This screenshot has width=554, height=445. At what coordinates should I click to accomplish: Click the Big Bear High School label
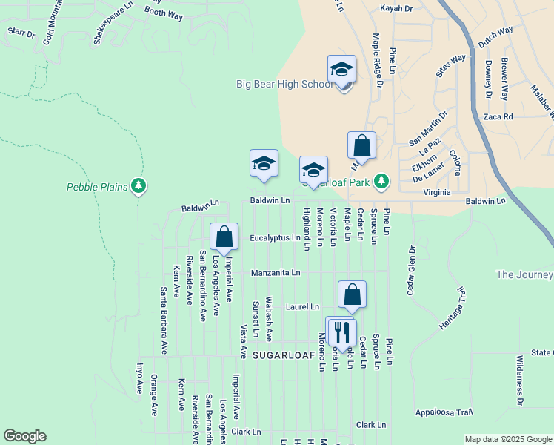coord(284,84)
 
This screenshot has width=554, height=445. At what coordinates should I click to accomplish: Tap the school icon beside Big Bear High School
coord(341,70)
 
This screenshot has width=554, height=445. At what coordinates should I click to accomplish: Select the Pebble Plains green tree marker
coord(138,185)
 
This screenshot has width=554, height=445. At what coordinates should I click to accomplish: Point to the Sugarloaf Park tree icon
coord(381,180)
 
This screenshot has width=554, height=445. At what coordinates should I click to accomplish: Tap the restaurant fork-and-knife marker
coord(342,331)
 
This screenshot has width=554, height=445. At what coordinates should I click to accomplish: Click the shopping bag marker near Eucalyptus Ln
coord(224,237)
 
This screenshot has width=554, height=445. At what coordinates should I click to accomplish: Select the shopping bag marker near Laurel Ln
coord(353,294)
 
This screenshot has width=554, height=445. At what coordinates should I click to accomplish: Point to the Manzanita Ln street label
coord(276,273)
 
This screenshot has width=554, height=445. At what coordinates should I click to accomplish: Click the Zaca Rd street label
coord(498,117)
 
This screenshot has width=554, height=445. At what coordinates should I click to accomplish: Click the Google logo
coord(24,436)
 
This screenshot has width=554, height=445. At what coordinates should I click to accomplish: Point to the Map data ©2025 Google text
coord(508,439)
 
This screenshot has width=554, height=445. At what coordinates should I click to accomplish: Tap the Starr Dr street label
coord(21,33)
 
